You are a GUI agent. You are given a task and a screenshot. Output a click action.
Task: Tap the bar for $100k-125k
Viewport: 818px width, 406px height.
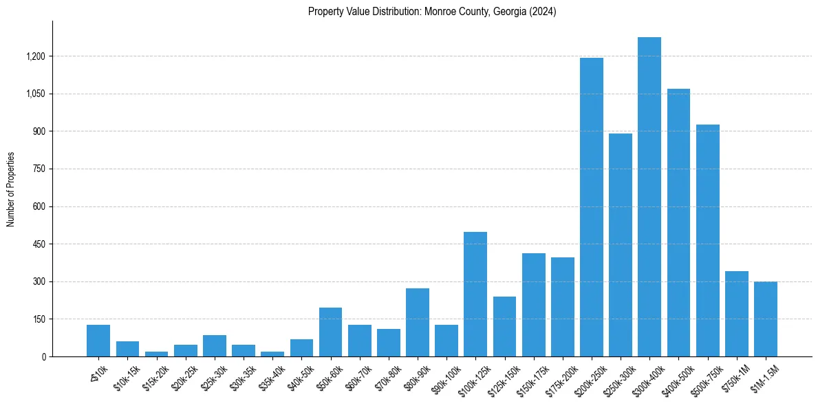click(475, 294)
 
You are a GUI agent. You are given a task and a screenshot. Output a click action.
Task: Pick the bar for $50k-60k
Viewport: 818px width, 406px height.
click(330, 332)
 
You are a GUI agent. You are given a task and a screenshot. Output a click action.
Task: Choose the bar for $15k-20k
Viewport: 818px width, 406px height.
click(156, 354)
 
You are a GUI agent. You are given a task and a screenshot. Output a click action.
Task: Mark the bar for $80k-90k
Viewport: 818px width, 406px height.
click(418, 322)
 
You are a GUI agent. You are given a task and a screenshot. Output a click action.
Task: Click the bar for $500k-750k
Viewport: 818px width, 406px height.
click(707, 240)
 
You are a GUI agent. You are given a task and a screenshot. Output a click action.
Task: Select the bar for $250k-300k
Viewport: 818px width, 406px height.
click(621, 245)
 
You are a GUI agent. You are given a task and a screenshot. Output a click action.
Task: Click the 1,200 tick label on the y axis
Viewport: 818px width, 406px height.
click(35, 56)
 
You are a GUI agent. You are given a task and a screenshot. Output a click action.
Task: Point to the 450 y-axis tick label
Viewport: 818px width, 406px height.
click(39, 244)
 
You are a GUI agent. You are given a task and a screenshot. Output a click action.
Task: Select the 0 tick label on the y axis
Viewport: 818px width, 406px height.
click(43, 357)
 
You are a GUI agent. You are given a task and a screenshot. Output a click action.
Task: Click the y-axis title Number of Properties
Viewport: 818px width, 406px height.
click(11, 189)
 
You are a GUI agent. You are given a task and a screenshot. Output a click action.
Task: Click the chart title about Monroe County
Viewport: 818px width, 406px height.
click(432, 12)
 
